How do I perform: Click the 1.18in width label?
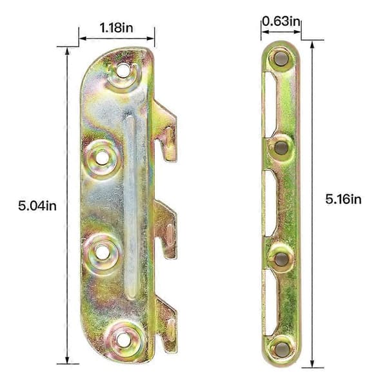117,27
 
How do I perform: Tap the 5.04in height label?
37,206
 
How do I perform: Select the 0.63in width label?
281,21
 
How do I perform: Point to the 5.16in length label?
343,199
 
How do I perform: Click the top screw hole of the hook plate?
123,70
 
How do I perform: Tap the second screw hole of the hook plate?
102,158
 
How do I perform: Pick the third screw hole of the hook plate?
102,252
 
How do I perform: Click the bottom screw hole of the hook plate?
123,340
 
